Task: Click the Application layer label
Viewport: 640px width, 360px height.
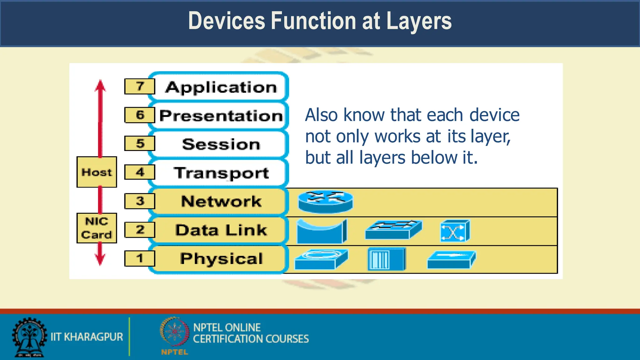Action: click(x=221, y=87)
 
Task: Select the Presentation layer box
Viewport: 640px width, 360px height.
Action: click(x=221, y=116)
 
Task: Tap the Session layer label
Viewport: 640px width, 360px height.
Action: click(x=221, y=144)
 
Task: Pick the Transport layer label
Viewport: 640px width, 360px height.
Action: click(x=221, y=173)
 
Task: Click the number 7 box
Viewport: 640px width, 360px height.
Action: click(x=140, y=86)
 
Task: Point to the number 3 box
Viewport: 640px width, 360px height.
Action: click(x=140, y=201)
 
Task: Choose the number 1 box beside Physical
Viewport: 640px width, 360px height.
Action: click(x=140, y=258)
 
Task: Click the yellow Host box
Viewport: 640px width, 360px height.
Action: click(x=97, y=172)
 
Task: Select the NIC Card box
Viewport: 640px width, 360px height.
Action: click(x=97, y=228)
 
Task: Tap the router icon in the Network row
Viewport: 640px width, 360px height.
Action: click(x=326, y=202)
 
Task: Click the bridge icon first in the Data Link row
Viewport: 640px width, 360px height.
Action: click(x=322, y=231)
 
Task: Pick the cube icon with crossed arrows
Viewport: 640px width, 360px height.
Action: click(x=455, y=231)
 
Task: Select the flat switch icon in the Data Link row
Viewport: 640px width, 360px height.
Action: click(x=393, y=230)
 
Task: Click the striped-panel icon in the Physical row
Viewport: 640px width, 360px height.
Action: click(x=386, y=259)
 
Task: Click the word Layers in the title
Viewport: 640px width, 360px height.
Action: click(x=419, y=21)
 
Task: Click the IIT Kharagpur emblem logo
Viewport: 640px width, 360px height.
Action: click(x=29, y=337)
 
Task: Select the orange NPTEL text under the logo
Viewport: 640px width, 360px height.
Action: click(x=175, y=352)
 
